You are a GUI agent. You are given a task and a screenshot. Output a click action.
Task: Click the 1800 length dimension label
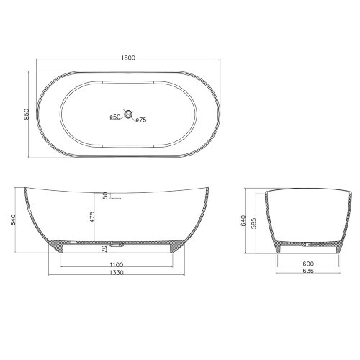tap(128, 58)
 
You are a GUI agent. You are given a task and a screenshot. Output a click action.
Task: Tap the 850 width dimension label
tap(27, 114)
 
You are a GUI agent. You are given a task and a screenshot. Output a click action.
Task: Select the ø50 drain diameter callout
tap(114, 117)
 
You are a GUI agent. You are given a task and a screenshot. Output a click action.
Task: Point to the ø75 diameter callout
tap(141, 120)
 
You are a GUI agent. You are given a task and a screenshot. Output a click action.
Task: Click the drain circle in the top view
tap(128, 114)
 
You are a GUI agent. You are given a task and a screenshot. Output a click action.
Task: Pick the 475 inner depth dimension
tap(92, 217)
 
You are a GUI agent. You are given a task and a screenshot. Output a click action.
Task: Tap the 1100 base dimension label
tap(117, 265)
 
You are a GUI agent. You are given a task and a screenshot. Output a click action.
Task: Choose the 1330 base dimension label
tap(117, 273)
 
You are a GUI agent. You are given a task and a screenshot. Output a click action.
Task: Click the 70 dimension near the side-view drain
tap(104, 249)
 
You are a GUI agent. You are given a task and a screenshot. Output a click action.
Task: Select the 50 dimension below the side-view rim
tap(105, 196)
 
